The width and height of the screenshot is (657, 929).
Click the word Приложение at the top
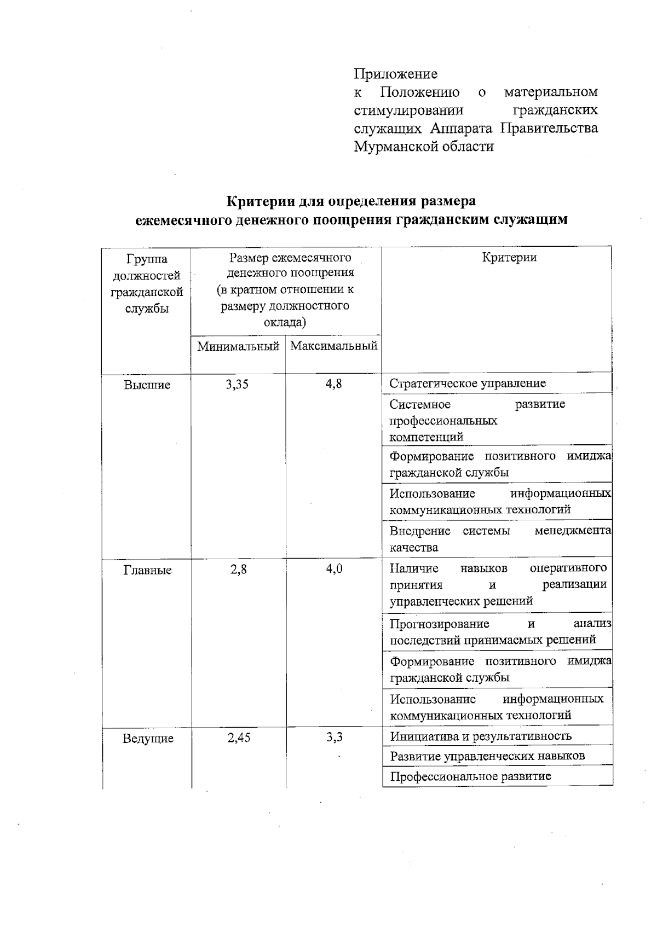click(x=395, y=74)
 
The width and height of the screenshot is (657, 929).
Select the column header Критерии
click(x=509, y=258)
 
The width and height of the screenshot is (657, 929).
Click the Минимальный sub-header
click(x=238, y=346)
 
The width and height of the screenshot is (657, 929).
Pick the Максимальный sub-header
click(x=333, y=346)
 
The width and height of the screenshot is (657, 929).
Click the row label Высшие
click(x=147, y=385)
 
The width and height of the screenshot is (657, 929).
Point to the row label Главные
click(x=147, y=570)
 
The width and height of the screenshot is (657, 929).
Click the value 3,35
click(x=237, y=384)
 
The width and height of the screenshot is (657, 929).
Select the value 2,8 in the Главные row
click(x=238, y=569)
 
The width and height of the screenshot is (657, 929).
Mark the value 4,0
click(x=334, y=569)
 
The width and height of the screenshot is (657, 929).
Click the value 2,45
click(x=239, y=738)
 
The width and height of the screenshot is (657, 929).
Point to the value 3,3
click(x=334, y=737)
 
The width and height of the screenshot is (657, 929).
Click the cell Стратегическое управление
click(x=468, y=383)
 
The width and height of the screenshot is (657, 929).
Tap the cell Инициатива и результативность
click(x=480, y=736)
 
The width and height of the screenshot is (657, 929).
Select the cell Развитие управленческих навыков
click(x=487, y=756)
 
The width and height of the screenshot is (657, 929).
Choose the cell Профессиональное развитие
click(x=470, y=776)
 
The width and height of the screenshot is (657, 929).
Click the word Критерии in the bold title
click(x=261, y=201)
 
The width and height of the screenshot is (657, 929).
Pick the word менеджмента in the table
click(x=573, y=531)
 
